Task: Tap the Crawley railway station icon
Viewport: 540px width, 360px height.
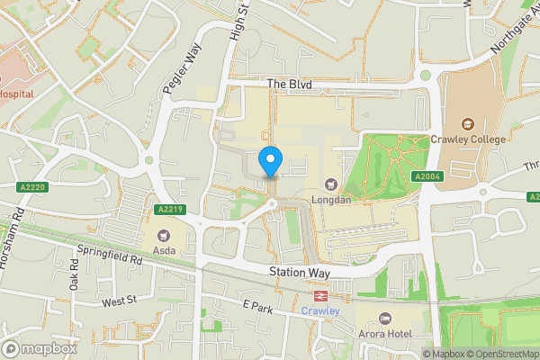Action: (x=319, y=295)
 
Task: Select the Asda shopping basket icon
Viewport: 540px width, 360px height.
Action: (x=164, y=235)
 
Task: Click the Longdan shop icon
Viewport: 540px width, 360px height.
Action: (x=330, y=184)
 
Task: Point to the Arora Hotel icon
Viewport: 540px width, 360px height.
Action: (x=385, y=319)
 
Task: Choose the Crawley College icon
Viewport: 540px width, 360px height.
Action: (x=467, y=123)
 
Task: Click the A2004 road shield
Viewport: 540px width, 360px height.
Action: (x=426, y=176)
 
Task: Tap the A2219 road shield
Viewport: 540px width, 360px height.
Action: (x=170, y=210)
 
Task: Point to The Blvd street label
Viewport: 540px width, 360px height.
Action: (x=289, y=83)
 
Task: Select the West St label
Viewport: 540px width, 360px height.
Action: (x=118, y=302)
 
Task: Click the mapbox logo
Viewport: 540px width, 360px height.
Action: (x=40, y=348)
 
